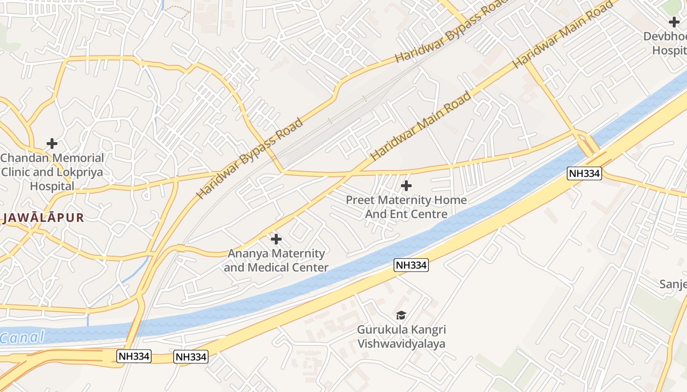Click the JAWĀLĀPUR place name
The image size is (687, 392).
[44, 218]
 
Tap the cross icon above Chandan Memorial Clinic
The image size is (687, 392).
[52, 144]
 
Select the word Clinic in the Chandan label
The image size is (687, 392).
[16, 172]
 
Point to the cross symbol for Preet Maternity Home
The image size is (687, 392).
[406, 186]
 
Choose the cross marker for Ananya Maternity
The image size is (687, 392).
[276, 239]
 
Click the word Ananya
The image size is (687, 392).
[248, 253]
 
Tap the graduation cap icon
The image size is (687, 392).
[401, 315]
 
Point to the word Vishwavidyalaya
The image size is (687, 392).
[401, 343]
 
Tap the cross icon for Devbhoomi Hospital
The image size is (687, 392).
[674, 22]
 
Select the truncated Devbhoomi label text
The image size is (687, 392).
[665, 36]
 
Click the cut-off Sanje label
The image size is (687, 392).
[673, 284]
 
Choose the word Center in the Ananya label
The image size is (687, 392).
[309, 268]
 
